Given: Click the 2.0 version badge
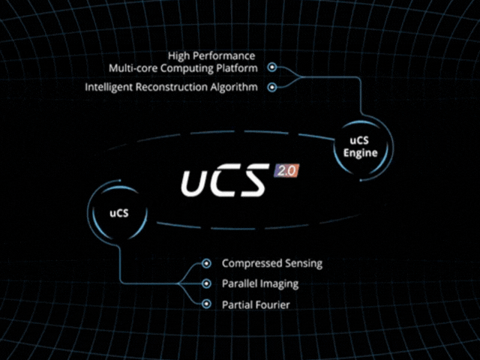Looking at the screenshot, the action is (286, 170).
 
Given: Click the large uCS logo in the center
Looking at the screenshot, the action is (224, 180).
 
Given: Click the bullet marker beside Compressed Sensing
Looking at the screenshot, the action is (207, 263).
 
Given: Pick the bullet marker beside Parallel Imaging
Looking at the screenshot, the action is (207, 283).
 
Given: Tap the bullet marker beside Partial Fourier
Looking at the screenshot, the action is (207, 304).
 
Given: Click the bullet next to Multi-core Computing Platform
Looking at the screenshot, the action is (271, 67).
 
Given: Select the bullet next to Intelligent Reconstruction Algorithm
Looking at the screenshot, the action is (271, 87).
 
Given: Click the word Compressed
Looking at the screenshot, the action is (252, 263).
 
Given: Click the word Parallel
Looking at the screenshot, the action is (239, 283).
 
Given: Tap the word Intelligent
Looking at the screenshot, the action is (108, 87).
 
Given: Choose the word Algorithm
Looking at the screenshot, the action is (234, 87).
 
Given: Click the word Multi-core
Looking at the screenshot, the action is (133, 68).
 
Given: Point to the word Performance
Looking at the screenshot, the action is (224, 55).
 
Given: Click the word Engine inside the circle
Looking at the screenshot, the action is (360, 153).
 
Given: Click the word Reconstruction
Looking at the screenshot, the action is (171, 87).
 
